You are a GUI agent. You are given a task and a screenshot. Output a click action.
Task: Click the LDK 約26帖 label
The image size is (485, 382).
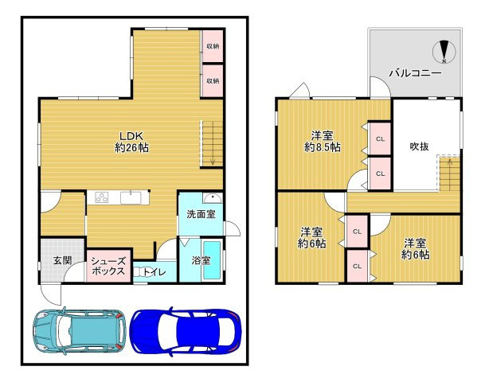pos(131,142)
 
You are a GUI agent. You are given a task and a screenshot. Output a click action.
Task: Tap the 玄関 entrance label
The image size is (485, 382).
pos(62,260)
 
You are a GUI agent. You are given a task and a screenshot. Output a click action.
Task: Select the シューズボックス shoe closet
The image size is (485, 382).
pos(109,266)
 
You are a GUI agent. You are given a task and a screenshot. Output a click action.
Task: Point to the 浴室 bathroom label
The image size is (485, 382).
pos(201,260)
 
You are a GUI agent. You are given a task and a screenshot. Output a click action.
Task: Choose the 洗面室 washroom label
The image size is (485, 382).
pos(201,214)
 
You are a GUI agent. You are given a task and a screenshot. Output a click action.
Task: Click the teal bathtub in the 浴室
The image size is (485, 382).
pos(212,260)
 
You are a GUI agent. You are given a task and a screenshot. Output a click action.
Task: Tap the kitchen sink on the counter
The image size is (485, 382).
pos(131,198)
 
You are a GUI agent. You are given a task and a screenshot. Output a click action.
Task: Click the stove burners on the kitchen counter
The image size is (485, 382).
pos(102,197)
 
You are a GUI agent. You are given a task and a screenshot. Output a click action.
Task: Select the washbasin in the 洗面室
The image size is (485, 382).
pos(213,197)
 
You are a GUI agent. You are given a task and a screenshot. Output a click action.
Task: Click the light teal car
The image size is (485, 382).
pos(80,331)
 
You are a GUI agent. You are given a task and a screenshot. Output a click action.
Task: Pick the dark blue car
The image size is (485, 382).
pos(186,332)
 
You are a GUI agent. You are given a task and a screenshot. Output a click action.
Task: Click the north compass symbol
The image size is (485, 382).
pos(444,52)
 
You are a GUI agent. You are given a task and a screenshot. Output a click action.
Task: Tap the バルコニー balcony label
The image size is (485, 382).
pos(415,73)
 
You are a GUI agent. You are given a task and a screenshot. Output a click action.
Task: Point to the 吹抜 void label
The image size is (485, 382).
pos(419,146)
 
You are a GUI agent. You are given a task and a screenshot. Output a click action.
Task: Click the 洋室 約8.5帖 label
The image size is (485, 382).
pos(323,141)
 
